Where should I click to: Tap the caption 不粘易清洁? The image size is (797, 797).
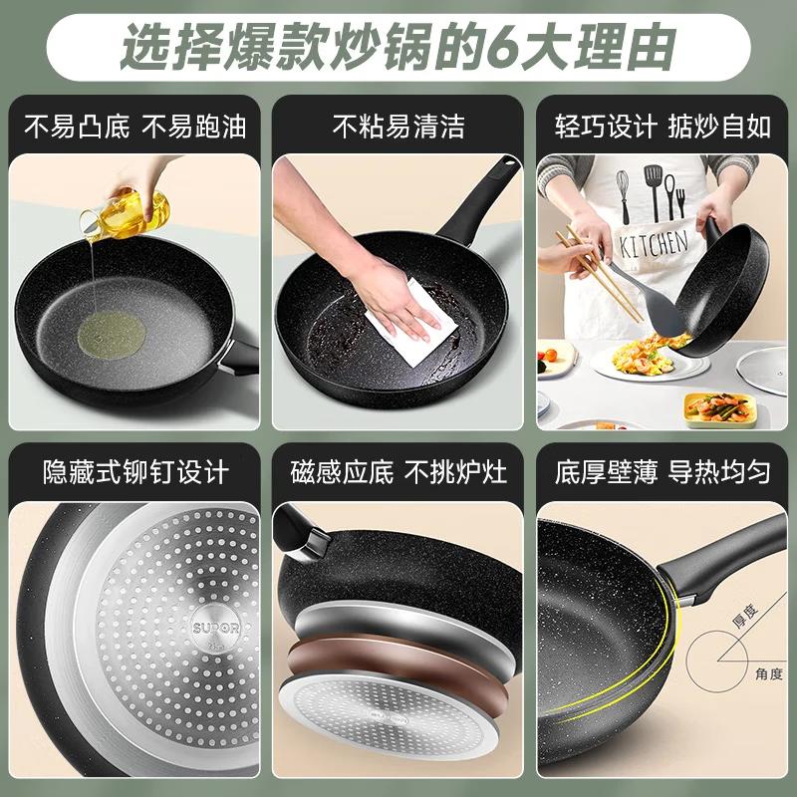pos(398,127)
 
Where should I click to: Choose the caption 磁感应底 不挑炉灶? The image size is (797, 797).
pos(398,470)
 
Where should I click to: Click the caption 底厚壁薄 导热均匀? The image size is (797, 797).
pos(663,470)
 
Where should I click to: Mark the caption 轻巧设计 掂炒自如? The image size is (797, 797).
pos(663,127)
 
